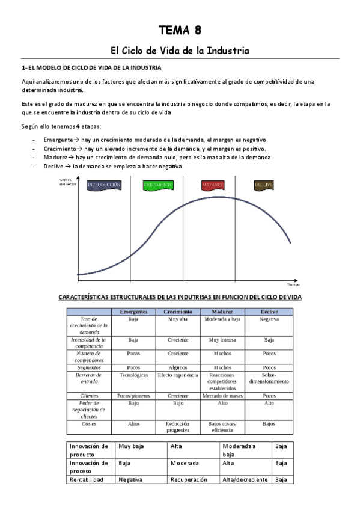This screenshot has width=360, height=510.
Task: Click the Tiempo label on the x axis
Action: coord(293,284)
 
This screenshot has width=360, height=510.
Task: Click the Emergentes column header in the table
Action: coord(133,312)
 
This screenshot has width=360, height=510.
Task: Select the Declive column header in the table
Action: coord(269,312)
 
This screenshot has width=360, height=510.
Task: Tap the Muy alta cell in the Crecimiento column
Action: coord(178,319)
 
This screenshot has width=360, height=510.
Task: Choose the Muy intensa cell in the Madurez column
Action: coord(222,340)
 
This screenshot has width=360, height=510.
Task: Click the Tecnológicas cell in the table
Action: coord(133,375)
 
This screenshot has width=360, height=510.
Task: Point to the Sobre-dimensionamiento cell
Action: coord(269,378)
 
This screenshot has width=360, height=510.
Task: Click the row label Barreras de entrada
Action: coord(90,378)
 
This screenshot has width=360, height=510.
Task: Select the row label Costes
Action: coord(90,423)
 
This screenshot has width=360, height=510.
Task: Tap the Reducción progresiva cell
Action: coord(178,426)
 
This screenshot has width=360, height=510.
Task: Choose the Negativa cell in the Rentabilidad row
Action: coord(130,479)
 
